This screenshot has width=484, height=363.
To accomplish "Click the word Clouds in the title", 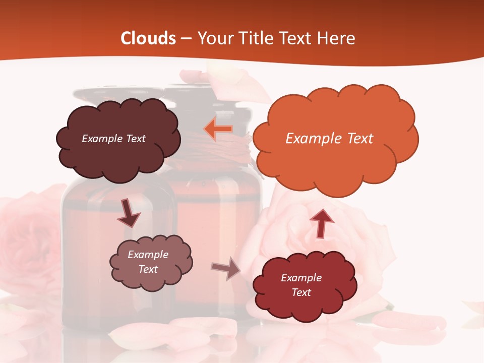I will tap(148, 38).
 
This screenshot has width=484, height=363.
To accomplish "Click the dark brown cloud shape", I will tap(118, 151).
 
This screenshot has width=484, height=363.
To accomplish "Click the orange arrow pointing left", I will tap(218, 130).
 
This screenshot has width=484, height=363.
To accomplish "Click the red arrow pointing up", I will tap(321, 222).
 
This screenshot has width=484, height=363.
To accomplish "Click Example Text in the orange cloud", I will tap(329, 139).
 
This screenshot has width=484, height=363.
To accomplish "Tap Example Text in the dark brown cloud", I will tap(113, 139).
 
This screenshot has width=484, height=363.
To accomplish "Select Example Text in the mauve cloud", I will tap(148, 262).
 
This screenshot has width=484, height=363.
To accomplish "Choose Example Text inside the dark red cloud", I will tap(301, 285).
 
